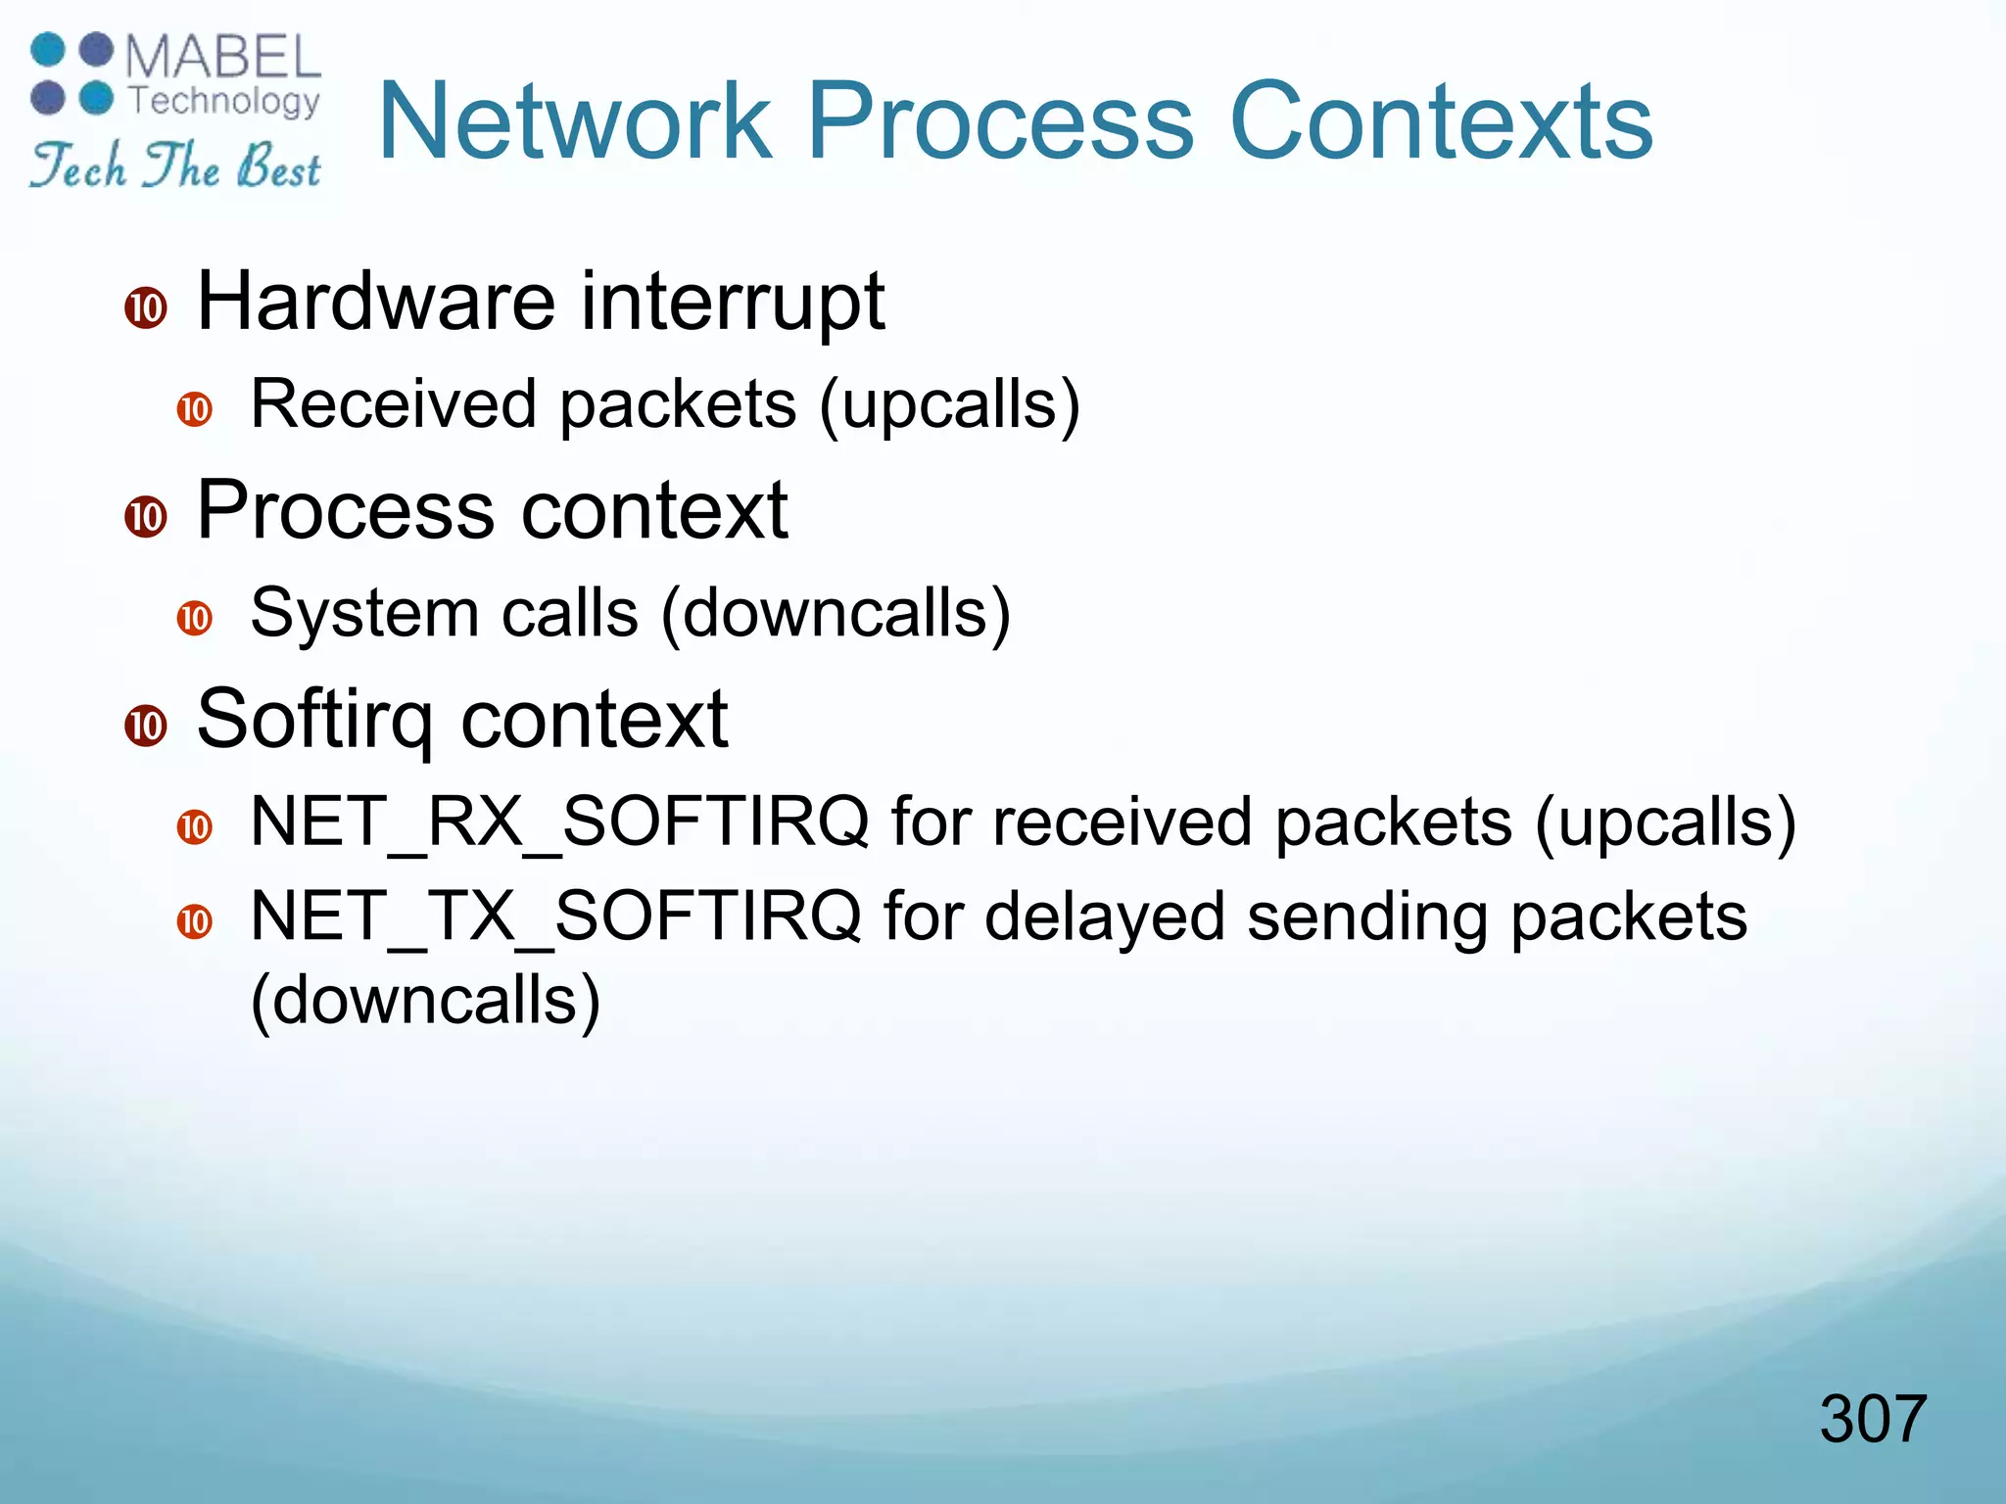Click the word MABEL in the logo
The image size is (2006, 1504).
click(x=223, y=57)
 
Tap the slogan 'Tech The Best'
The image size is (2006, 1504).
click(x=174, y=165)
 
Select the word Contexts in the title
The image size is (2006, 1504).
click(x=1440, y=121)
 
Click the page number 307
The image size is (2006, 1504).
click(x=1872, y=1419)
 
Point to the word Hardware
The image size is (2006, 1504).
click(x=376, y=302)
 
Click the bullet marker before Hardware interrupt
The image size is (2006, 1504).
click(x=146, y=308)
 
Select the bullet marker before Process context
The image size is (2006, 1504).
click(x=146, y=516)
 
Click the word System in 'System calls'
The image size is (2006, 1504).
click(x=363, y=614)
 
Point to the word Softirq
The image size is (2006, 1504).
click(x=314, y=720)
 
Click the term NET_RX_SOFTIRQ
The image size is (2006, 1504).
click(x=559, y=822)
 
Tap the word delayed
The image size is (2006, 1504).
click(x=1104, y=918)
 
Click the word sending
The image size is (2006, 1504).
click(x=1366, y=918)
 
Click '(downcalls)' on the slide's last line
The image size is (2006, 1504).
click(x=425, y=1001)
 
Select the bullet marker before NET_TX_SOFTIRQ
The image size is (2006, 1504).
click(x=195, y=921)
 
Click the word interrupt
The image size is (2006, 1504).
click(x=733, y=302)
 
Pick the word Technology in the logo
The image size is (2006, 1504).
click(x=224, y=100)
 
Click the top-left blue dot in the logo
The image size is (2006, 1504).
click(x=48, y=50)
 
